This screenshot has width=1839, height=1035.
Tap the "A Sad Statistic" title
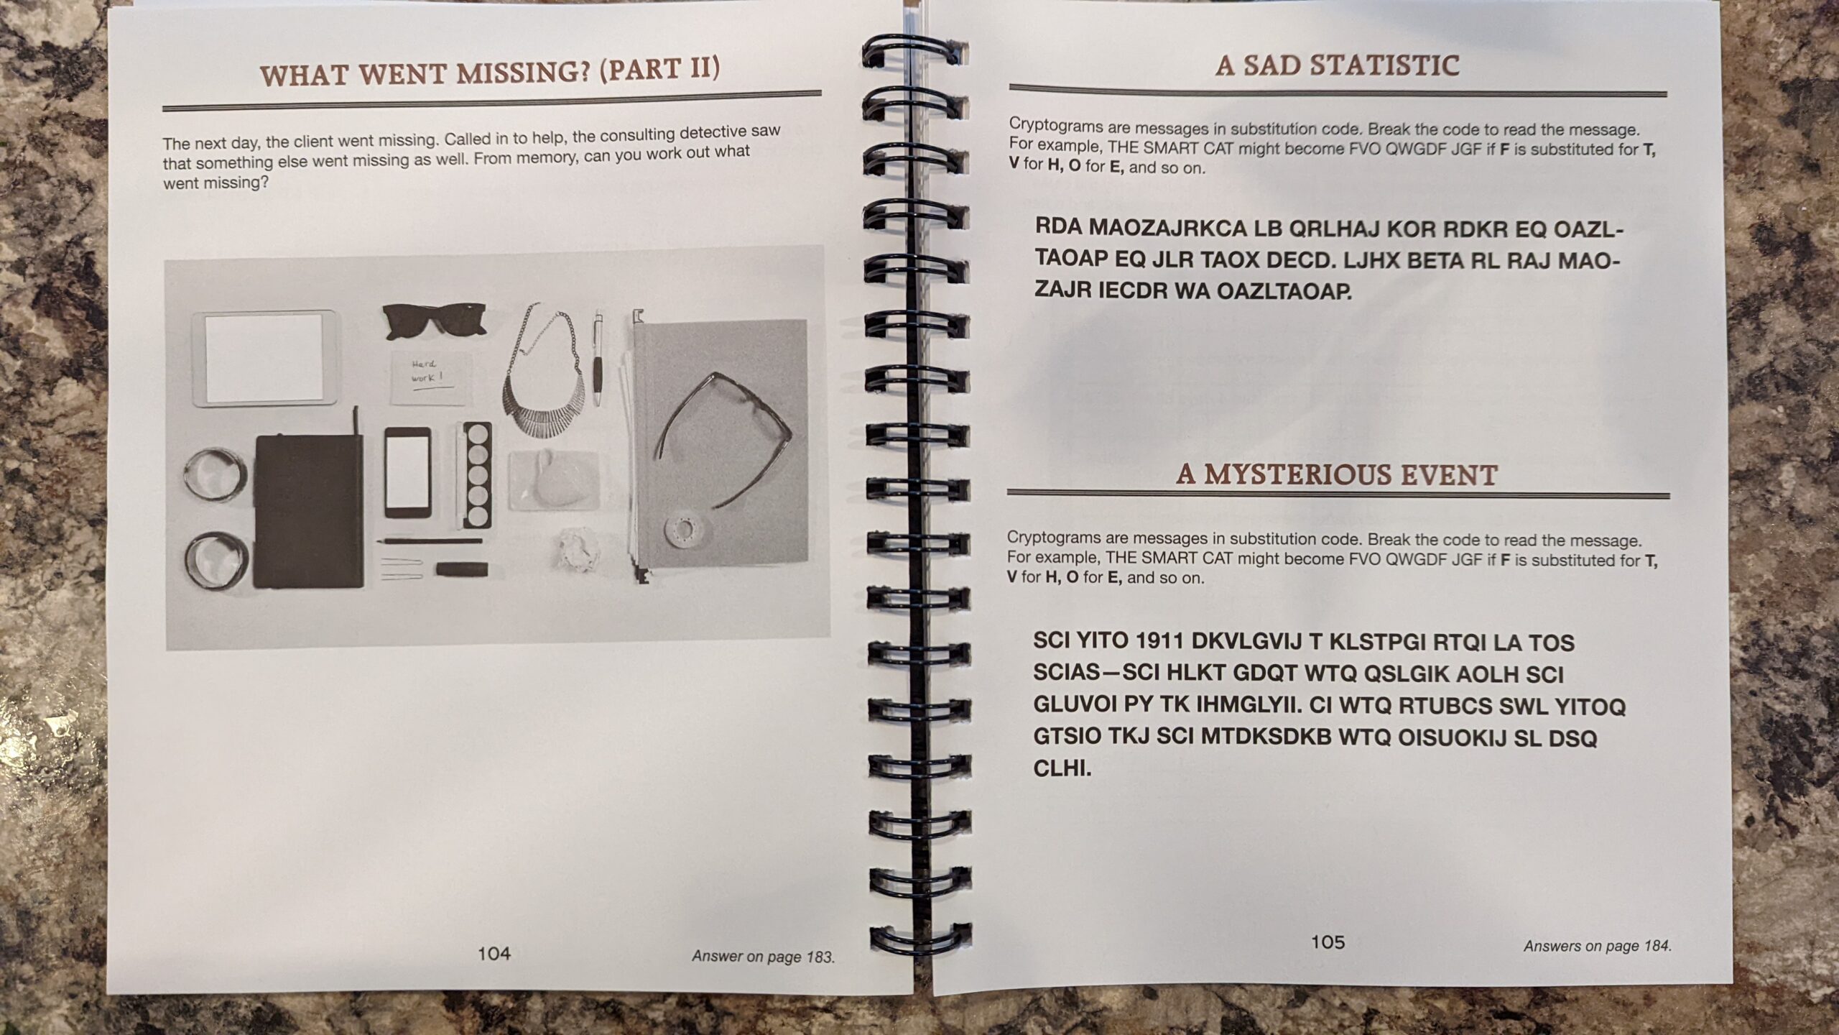1337,65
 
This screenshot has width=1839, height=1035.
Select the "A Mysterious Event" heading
1336,475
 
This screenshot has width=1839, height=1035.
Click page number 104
494,954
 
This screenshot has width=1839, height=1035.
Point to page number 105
1328,942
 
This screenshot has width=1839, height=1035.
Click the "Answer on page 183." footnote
763,957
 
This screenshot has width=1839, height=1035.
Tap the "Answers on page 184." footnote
1598,946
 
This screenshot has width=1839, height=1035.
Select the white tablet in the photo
264,359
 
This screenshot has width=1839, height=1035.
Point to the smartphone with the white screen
408,472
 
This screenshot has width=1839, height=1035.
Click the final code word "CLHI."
1062,770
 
